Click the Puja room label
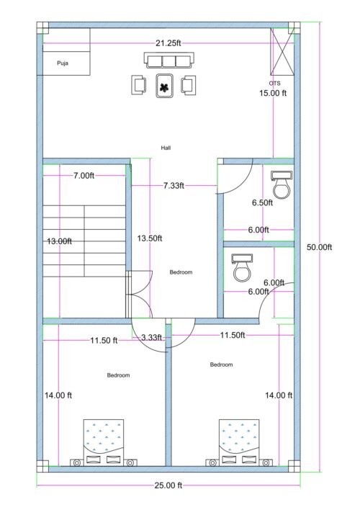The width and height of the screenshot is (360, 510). [62, 63]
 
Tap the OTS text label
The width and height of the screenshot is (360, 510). [274, 84]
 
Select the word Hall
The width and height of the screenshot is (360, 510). [166, 148]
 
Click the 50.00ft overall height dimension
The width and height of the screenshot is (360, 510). [319, 247]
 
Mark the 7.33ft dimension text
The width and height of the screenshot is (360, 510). [174, 185]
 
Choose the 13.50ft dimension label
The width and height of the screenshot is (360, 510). [150, 238]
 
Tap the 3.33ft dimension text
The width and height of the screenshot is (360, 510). [151, 337]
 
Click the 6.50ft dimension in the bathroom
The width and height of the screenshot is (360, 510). [262, 203]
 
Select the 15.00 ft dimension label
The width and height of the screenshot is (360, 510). [273, 93]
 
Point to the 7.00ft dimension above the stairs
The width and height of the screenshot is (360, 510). [84, 176]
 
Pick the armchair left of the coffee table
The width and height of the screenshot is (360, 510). [139, 85]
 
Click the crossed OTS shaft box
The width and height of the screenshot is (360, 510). [281, 52]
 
